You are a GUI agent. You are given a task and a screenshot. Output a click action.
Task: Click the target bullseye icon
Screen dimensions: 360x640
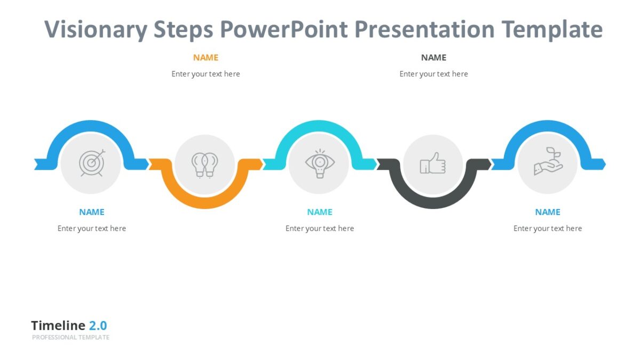91,163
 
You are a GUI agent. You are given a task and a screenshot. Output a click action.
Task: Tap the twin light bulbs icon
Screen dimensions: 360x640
205,164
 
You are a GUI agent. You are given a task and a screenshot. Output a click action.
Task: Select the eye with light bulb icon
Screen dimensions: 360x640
319,163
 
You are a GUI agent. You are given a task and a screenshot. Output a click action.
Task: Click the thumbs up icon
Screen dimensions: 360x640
433,163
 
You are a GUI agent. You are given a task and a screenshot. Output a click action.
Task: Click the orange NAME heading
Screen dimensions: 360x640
205,58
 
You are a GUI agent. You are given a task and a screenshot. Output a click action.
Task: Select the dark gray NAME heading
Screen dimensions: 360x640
434,58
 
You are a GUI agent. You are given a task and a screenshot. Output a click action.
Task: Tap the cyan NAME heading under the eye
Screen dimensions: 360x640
319,212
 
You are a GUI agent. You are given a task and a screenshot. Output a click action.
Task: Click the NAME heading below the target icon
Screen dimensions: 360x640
92,212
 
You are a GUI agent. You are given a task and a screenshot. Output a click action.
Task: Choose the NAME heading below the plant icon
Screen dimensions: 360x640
548,212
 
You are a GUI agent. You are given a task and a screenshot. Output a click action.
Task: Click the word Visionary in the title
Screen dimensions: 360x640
95,30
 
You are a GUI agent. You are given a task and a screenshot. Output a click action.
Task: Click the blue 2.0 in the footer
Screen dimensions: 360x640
98,326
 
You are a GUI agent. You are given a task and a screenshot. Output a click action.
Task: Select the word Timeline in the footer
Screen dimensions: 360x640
58,326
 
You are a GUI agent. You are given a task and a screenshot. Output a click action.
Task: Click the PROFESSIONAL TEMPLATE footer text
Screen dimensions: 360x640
70,338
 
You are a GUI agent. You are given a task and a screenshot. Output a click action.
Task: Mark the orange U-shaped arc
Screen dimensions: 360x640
205,202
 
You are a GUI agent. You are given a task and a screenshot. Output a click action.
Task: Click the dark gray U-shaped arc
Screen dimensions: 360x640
433,202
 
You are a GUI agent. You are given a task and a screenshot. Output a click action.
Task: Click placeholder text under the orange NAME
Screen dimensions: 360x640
205,74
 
